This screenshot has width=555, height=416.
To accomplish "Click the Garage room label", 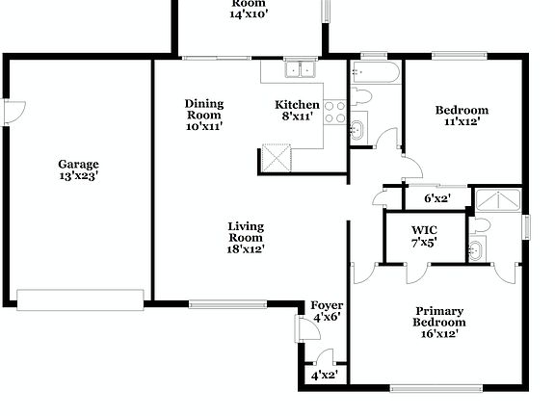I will point(78,164).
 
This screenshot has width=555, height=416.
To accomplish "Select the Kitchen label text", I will point(297,105).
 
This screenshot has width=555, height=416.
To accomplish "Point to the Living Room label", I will point(246,227).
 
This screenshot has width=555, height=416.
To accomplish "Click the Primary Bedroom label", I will point(439,317).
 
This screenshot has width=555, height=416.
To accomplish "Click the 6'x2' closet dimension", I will point(437,199).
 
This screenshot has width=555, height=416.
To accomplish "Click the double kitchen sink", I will point(302,69).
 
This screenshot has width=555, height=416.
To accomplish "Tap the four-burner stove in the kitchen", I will point(335,112).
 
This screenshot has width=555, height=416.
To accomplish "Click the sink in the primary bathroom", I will point(476,251).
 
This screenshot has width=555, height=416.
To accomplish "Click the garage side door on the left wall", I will point(12,112).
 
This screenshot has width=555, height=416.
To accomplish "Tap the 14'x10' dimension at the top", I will point(248,14).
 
